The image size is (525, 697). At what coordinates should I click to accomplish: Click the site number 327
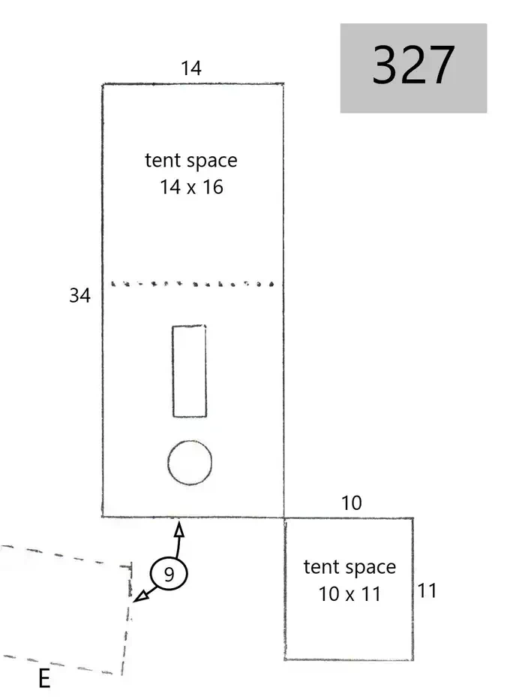413,65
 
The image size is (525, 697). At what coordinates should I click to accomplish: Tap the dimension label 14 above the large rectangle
191,68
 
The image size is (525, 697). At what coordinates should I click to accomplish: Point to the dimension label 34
80,295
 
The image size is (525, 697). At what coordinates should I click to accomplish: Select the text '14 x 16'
191,187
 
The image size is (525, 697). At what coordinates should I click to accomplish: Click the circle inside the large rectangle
190,463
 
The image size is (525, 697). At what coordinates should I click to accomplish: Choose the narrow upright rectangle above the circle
190,371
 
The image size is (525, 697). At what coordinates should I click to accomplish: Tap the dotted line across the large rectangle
192,284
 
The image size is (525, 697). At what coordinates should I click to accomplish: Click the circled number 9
169,574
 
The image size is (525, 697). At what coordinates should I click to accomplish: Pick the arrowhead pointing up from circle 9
178,529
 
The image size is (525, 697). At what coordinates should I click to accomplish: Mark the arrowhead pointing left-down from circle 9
140,596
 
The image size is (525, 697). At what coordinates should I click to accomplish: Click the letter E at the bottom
44,679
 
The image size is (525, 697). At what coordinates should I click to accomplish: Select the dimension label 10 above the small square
352,503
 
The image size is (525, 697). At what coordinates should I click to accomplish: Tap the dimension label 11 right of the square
427,591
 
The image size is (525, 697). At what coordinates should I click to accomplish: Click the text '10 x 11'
349,594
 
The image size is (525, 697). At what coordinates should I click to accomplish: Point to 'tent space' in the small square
349,568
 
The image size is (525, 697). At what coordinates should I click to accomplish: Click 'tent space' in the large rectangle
191,161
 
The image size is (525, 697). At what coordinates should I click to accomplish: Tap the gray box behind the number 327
413,68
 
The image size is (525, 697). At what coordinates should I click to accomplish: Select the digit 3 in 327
385,65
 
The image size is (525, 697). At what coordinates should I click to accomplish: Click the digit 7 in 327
442,65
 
